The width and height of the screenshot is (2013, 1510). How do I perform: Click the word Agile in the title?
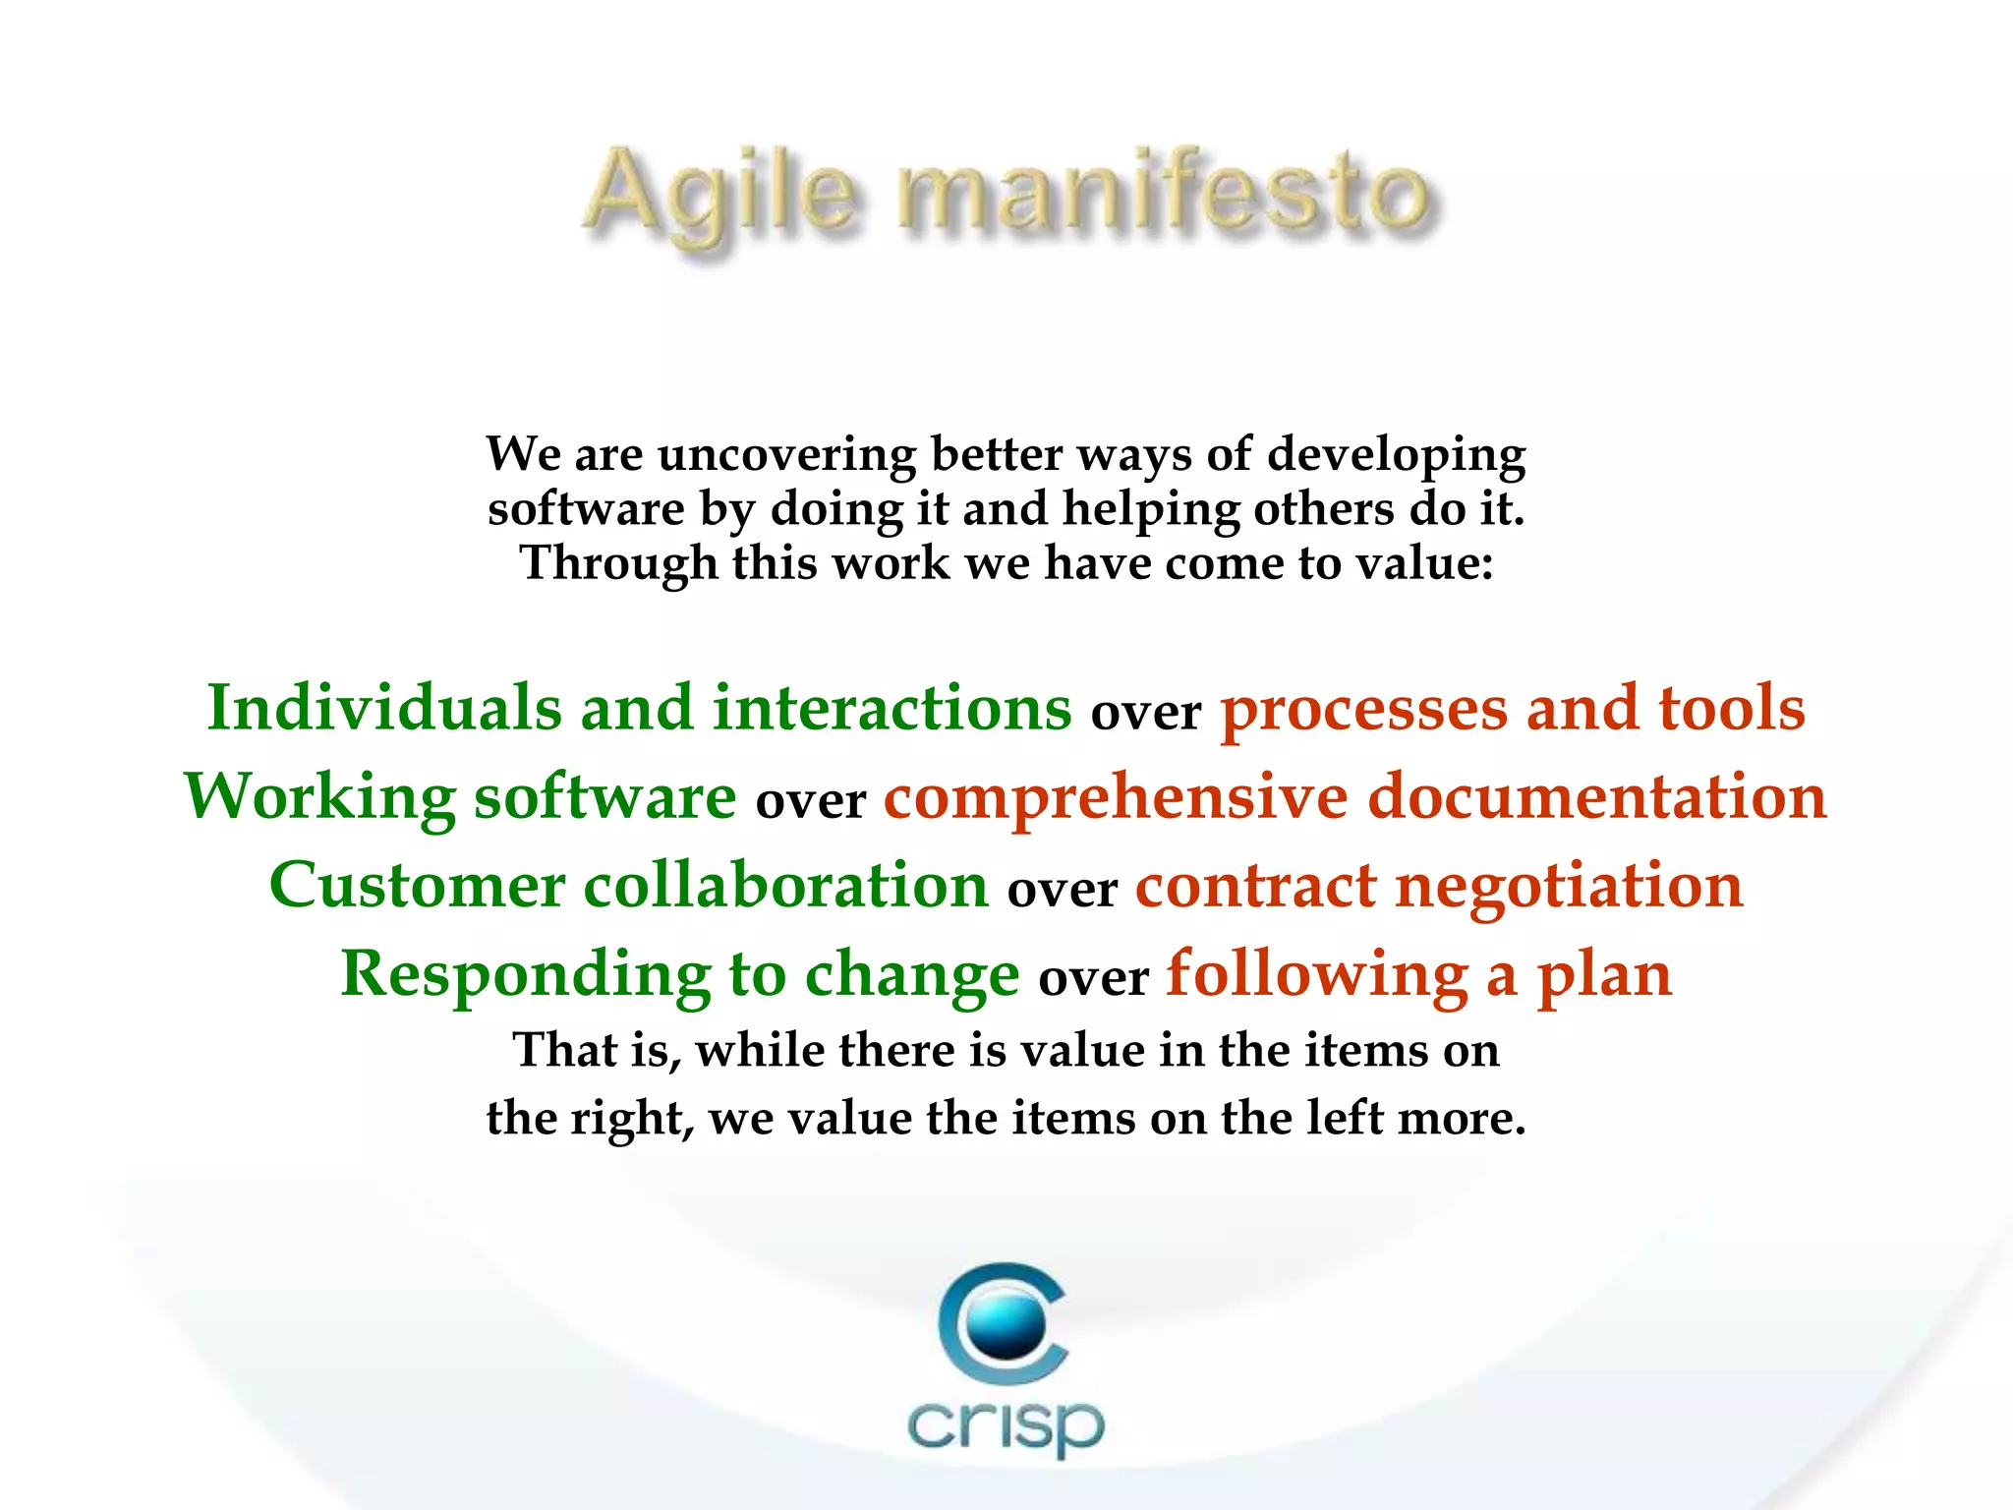[x=723, y=197]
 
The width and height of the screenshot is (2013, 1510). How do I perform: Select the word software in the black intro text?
[x=586, y=509]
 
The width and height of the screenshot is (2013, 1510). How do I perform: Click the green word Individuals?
[x=383, y=708]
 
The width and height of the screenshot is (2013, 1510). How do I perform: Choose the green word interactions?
[x=891, y=708]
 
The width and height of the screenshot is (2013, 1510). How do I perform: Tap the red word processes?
[x=1362, y=710]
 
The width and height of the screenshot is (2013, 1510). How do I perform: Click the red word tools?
[x=1732, y=708]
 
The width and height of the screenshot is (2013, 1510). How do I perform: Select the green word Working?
[x=319, y=796]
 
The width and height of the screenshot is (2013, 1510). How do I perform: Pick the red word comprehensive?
[x=1115, y=796]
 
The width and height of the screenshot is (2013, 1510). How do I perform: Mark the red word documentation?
[x=1597, y=796]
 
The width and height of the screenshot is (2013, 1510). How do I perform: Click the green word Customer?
[x=417, y=885]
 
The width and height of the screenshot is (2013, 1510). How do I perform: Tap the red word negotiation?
[x=1569, y=885]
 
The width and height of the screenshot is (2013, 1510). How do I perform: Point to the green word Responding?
[x=525, y=975]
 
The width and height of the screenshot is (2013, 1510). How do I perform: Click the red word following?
[x=1317, y=975]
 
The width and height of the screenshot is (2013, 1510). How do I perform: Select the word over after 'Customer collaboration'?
[x=1062, y=891]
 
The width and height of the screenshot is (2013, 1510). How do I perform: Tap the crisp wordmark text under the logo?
[x=1005, y=1425]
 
